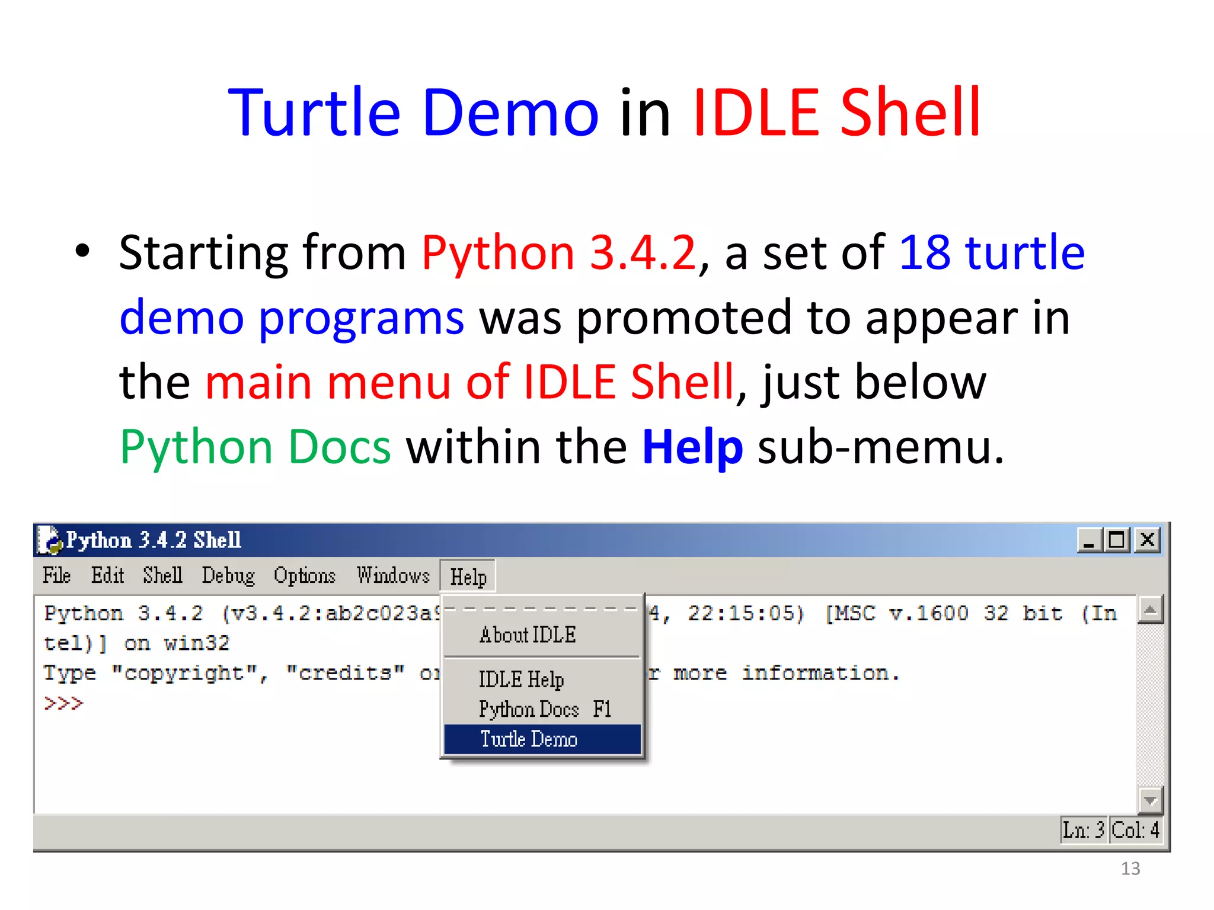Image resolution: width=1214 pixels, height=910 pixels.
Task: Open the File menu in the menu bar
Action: click(57, 575)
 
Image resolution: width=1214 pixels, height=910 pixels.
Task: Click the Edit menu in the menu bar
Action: click(107, 575)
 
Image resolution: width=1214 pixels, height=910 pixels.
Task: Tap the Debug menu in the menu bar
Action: click(228, 575)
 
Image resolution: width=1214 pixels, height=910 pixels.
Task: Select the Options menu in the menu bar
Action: click(304, 575)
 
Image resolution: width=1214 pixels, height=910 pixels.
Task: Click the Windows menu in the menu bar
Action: click(393, 575)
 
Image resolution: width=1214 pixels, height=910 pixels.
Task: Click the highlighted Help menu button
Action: click(468, 576)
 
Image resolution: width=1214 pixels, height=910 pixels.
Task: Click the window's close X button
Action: click(1147, 540)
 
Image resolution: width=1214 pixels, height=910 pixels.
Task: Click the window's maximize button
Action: click(1117, 540)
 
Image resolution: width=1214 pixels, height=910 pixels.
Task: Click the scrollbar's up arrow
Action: click(1150, 610)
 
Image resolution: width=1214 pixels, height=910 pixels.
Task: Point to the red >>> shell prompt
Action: click(63, 703)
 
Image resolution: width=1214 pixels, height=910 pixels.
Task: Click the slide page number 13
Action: click(1130, 869)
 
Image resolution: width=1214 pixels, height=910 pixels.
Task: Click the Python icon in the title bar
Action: click(49, 540)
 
